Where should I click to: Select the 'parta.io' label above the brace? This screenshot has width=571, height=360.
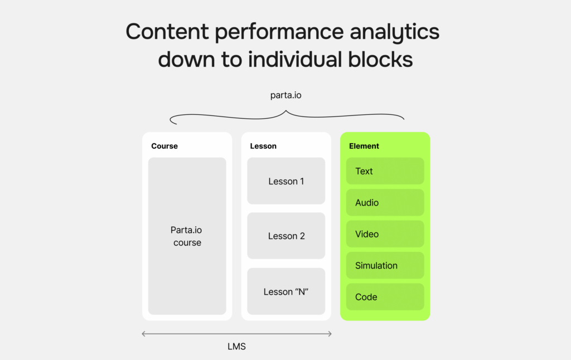pos(285,95)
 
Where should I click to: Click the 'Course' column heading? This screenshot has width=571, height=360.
pos(164,146)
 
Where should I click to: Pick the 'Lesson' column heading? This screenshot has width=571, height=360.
pos(263,146)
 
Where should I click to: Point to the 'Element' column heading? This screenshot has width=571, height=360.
pos(364,146)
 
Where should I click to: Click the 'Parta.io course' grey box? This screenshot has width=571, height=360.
pos(187,236)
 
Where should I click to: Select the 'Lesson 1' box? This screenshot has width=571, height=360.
pos(286,181)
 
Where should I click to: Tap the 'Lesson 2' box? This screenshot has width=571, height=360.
pos(286,236)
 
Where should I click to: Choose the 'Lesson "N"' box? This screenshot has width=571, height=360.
pos(286,291)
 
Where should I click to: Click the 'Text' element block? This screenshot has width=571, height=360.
pos(385,171)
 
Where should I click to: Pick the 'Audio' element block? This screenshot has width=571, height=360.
pos(385,203)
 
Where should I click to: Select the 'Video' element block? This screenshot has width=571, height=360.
pos(385,234)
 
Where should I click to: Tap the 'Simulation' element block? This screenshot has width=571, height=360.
pos(385,266)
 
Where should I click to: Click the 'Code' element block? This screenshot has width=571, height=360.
pos(385,297)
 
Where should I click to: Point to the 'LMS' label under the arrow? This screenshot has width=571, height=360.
pos(236,347)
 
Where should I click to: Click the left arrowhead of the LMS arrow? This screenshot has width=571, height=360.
pos(144,334)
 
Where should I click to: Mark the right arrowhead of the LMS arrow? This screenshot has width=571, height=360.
pos(330,334)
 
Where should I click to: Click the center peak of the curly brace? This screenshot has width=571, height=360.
pos(287,111)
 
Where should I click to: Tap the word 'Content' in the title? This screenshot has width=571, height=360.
pos(167,32)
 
